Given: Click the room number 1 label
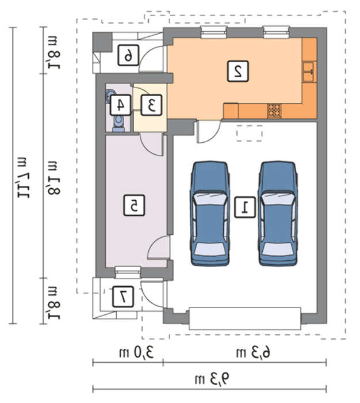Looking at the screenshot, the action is (x=245, y=207).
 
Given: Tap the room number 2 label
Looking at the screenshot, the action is (x=238, y=71).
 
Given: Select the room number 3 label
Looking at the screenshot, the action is (x=151, y=105).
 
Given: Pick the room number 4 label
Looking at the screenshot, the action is (x=120, y=105).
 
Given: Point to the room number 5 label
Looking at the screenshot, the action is (x=134, y=205).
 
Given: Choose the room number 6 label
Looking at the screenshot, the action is (x=128, y=55).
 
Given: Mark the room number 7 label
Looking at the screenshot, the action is (x=123, y=297).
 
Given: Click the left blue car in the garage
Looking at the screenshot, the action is (x=209, y=214).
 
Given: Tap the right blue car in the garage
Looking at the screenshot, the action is (x=278, y=214).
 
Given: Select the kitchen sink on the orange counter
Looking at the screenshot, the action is (x=309, y=72).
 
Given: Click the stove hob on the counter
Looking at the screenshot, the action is (x=274, y=111).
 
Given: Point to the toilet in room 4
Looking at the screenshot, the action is (x=118, y=124).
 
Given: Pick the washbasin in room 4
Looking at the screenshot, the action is (x=109, y=96).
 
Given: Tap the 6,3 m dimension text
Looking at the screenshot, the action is (x=253, y=352).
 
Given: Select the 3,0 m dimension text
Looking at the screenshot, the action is (x=136, y=352).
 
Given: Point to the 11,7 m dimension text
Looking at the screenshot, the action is (x=24, y=177).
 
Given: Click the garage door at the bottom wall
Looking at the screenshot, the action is (x=245, y=318).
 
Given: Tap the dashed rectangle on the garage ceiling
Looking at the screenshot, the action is (x=249, y=133).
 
